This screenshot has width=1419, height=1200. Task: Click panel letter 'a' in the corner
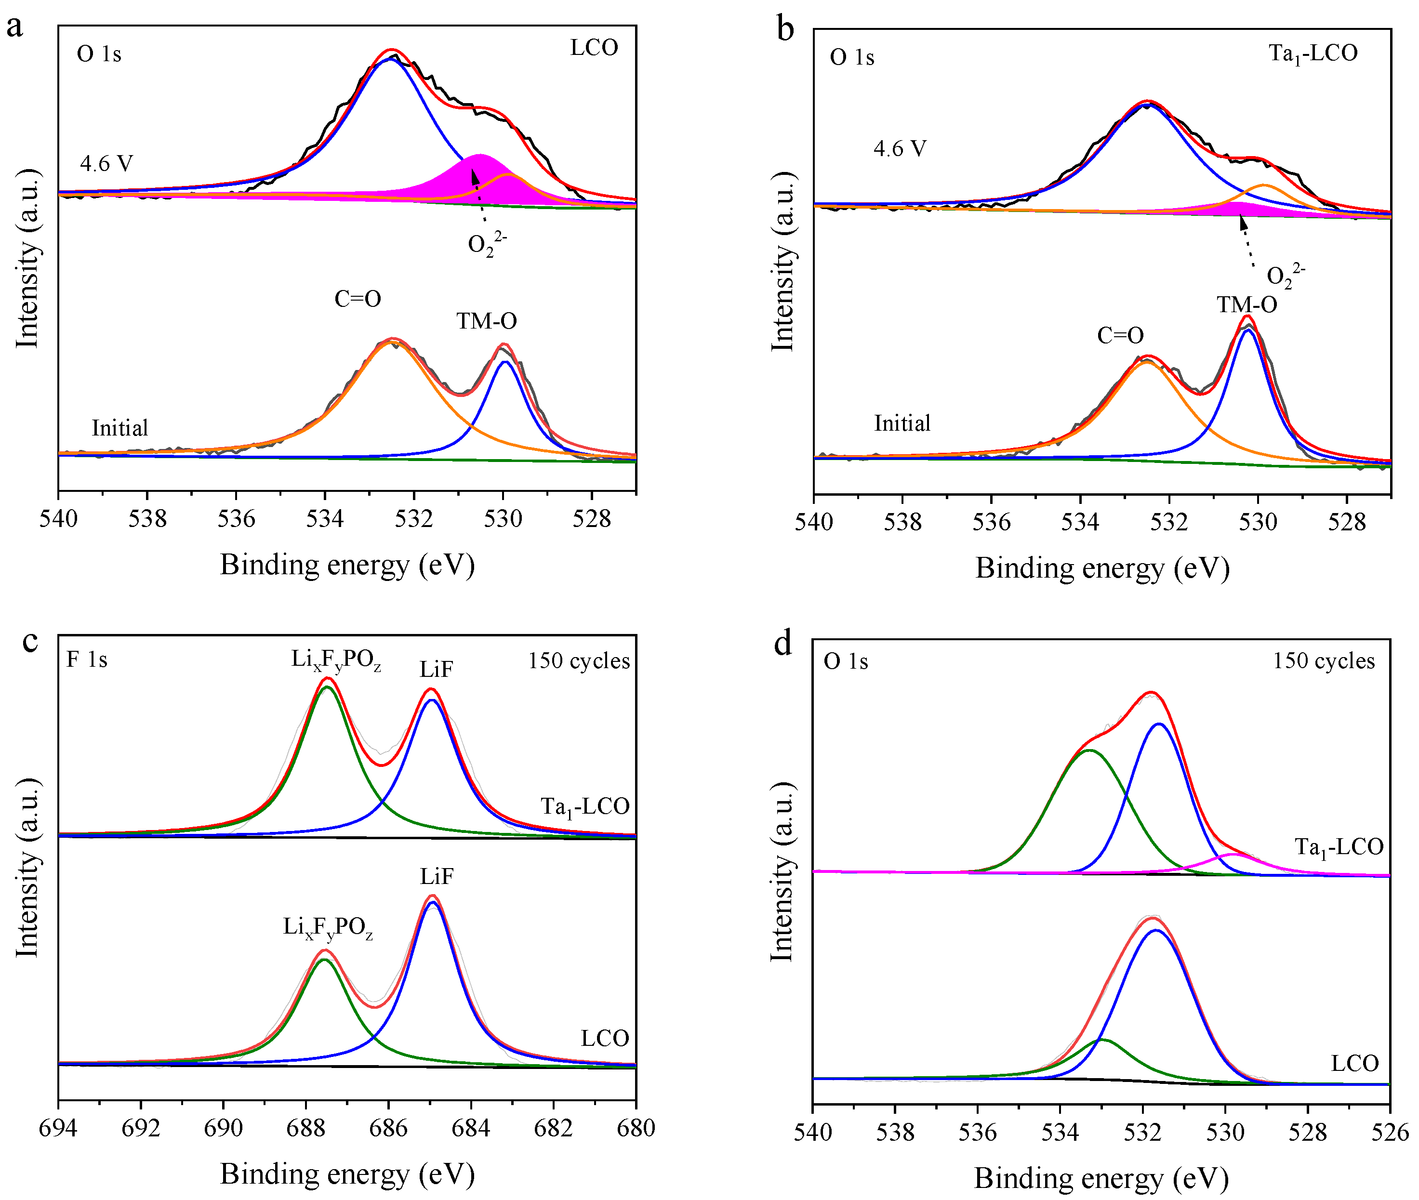[x=15, y=27]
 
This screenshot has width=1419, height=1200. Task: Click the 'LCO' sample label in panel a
[x=594, y=48]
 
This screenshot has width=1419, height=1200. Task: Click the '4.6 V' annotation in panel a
[x=106, y=163]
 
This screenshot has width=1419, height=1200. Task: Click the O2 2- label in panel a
[x=486, y=244]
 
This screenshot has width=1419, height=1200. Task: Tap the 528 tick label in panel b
[x=1346, y=523]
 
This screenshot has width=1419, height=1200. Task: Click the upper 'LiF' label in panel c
[x=436, y=670]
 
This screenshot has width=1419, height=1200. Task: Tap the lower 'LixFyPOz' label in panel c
[x=328, y=927]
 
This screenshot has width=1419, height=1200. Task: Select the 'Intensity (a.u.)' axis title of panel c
[x=27, y=867]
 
